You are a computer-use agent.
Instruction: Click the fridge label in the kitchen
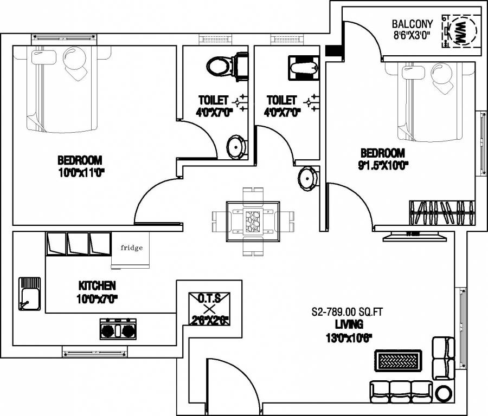coord(132,248)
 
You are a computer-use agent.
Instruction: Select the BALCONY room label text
coord(412,24)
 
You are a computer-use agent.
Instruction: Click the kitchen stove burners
coord(117,329)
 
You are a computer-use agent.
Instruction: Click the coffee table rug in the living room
coord(398,360)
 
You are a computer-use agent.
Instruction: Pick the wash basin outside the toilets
coord(307,177)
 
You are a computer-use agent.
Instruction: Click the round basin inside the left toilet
coord(236,146)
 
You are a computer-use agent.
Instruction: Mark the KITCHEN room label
coord(97,285)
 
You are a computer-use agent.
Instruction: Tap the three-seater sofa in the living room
coord(401,390)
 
